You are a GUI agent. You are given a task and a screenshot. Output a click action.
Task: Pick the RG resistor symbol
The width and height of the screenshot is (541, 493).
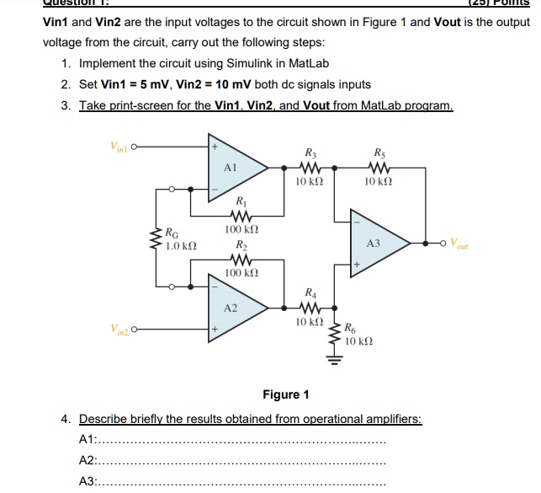[x=156, y=239]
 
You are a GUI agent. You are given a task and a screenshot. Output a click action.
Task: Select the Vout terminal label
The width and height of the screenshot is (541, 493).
[x=464, y=244]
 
